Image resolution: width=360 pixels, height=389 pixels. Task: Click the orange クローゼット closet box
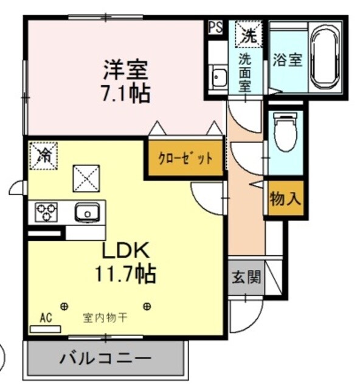point(185,159)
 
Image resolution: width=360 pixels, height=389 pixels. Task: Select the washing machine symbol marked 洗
point(249,34)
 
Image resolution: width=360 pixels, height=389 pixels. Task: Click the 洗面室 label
point(244,72)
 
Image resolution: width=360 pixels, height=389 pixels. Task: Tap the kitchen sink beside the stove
point(86,212)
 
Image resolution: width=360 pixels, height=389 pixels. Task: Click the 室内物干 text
point(105,317)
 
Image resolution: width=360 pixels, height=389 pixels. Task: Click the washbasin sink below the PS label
point(217,78)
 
